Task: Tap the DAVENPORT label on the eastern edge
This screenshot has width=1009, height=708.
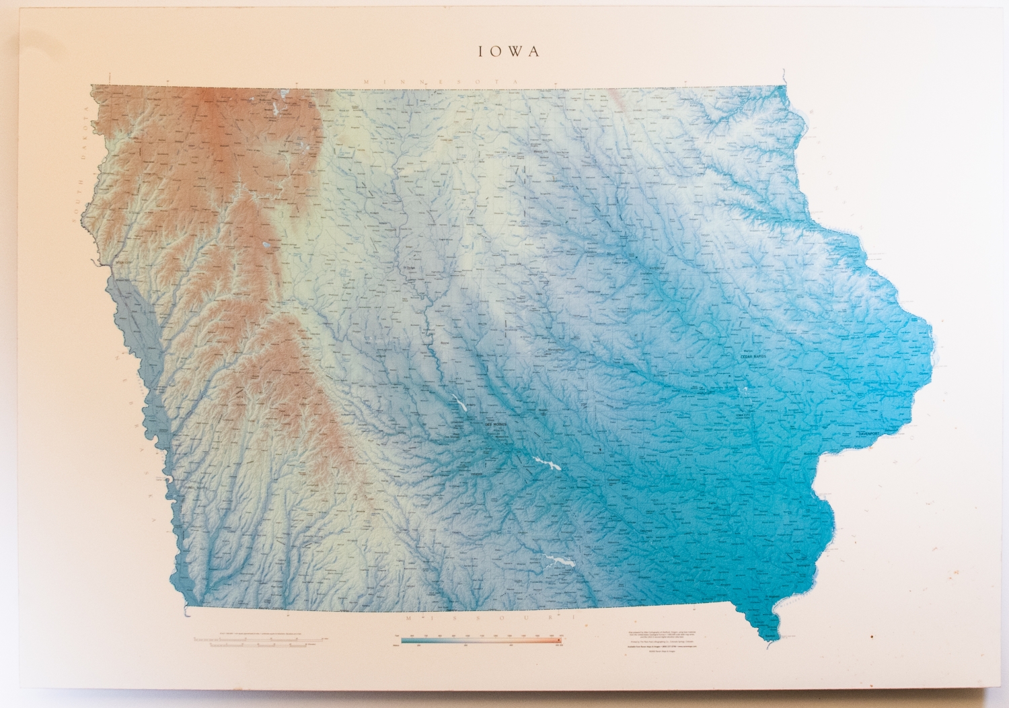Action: [874, 435]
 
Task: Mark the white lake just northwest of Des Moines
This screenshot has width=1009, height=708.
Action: [460, 404]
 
